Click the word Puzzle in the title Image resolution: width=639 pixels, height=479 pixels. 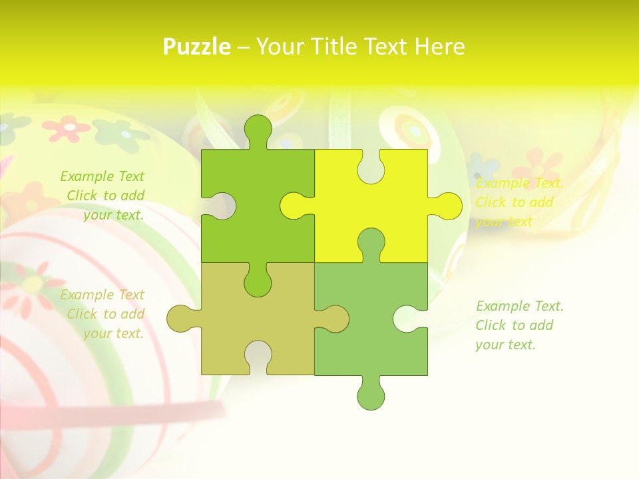click(x=197, y=47)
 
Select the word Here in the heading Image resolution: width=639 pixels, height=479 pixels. click(x=439, y=47)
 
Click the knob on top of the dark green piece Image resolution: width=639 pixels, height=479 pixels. click(x=258, y=130)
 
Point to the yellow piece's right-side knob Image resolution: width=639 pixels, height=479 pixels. click(x=446, y=206)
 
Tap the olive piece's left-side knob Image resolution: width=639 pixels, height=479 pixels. click(x=181, y=319)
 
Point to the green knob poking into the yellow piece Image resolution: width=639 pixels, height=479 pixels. click(x=371, y=242)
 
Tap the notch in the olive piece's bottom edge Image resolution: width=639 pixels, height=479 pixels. click(x=258, y=355)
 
